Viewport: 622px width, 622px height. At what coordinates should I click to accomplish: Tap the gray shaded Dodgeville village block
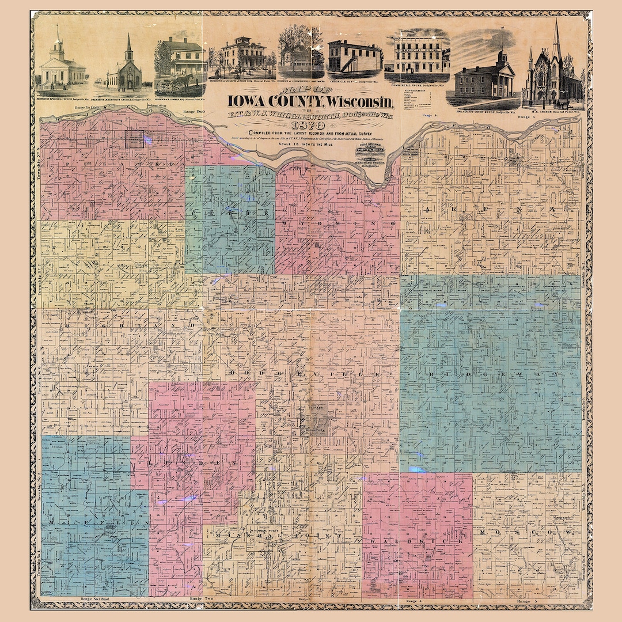pyautogui.click(x=313, y=419)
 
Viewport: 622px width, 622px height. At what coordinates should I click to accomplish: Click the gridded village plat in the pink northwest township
pyautogui.click(x=135, y=139)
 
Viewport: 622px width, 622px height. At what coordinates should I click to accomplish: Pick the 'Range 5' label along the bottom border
pyautogui.click(x=527, y=601)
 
